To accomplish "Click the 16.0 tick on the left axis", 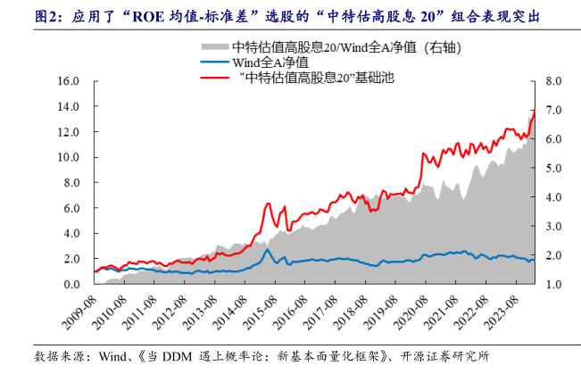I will (68, 81).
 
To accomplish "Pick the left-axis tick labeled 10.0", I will (68, 157).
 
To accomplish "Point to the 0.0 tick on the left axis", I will (71, 284).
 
